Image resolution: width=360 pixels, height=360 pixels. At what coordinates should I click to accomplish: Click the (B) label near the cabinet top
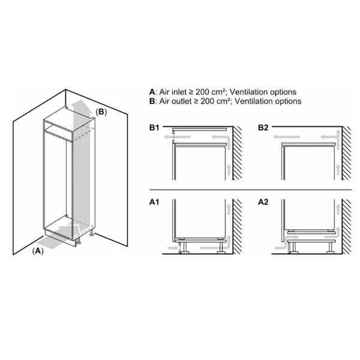click(101, 112)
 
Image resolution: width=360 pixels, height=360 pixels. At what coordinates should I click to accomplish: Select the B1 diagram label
click(155, 128)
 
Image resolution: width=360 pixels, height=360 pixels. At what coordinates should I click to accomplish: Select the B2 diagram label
click(264, 128)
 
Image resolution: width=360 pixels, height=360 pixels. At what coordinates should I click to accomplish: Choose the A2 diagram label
click(264, 203)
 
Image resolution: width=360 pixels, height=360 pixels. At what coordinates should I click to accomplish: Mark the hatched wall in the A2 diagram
click(347, 228)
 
